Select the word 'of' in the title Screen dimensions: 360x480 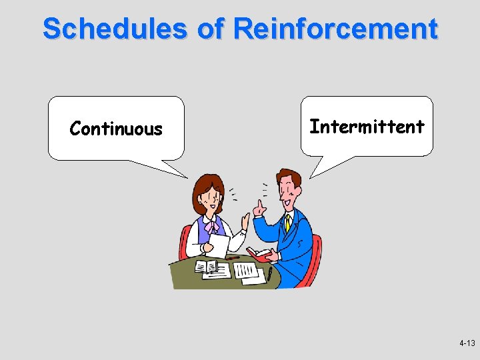coord(212,29)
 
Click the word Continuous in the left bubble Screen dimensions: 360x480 coord(116,129)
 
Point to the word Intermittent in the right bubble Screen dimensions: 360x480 coord(367,127)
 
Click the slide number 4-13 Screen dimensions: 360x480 coord(467,343)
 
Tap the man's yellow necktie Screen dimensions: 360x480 coord(288,223)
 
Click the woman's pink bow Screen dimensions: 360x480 coord(212,226)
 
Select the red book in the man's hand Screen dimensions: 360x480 coord(258,254)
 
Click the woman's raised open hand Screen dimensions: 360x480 coord(245,220)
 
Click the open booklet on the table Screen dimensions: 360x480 coord(207,267)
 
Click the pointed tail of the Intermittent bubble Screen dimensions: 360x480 coord(313,175)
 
